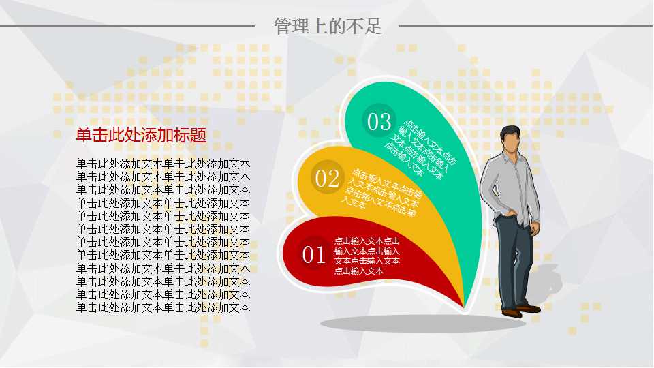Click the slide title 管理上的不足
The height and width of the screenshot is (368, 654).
(328, 27)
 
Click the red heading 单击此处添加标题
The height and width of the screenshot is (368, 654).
(141, 135)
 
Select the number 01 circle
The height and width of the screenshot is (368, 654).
(313, 256)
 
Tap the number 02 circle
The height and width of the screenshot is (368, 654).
(327, 179)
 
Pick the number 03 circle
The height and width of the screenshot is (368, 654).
(379, 121)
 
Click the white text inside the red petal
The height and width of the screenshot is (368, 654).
(367, 256)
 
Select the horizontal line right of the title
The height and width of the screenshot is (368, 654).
(525, 27)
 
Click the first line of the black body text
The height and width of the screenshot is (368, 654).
(163, 164)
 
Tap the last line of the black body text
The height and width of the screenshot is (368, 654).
(163, 307)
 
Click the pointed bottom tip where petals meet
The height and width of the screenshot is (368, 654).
(465, 306)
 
